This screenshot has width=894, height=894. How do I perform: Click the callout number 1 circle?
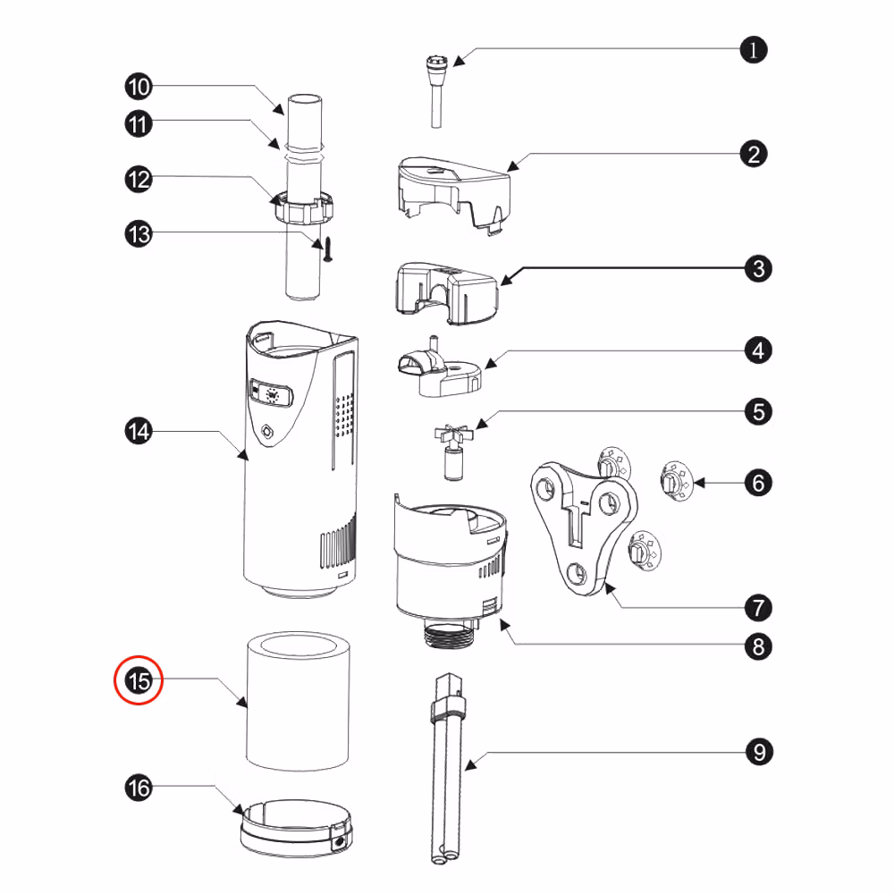click(753, 50)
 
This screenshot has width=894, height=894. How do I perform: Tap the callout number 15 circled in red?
click(139, 680)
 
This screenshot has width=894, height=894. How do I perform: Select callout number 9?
click(759, 752)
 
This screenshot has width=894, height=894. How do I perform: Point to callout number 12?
click(139, 180)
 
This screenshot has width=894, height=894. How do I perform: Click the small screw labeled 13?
click(328, 250)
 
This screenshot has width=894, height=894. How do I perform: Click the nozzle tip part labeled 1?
click(437, 91)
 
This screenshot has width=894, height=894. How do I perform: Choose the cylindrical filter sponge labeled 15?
click(298, 700)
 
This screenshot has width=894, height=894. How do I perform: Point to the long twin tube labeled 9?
click(446, 768)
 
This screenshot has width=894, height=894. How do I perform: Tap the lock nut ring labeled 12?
click(303, 207)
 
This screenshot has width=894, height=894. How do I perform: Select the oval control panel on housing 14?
click(272, 392)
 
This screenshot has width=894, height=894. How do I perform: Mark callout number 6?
click(758, 483)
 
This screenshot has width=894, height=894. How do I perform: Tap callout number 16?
click(139, 788)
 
